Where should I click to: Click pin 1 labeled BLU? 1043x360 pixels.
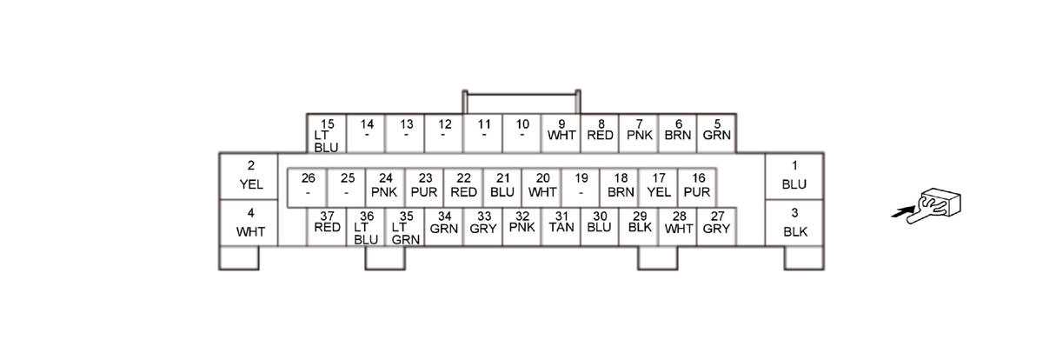tap(794, 177)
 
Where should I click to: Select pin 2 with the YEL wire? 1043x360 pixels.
tap(250, 177)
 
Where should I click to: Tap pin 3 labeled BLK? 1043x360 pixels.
tap(794, 223)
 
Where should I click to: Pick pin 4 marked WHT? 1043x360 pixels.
tap(250, 223)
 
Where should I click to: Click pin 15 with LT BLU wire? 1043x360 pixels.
tap(327, 134)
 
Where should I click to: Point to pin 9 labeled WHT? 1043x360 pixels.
tap(561, 131)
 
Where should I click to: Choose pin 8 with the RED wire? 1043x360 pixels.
tap(601, 131)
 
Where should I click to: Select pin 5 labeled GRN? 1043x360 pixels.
tap(717, 131)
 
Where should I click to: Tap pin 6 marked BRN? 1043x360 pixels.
tap(678, 131)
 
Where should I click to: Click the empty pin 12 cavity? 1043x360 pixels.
tap(444, 131)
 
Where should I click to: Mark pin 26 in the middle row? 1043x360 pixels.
tap(308, 186)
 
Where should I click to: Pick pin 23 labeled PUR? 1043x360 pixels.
tap(425, 186)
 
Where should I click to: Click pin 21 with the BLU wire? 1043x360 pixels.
tap(502, 186)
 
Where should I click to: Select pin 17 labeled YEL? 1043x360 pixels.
tap(659, 186)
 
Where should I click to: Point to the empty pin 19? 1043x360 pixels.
tap(581, 186)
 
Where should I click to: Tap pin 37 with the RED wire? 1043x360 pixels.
tap(327, 225)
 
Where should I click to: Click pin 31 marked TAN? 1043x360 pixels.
tap(561, 225)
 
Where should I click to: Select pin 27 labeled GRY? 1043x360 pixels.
tap(717, 225)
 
